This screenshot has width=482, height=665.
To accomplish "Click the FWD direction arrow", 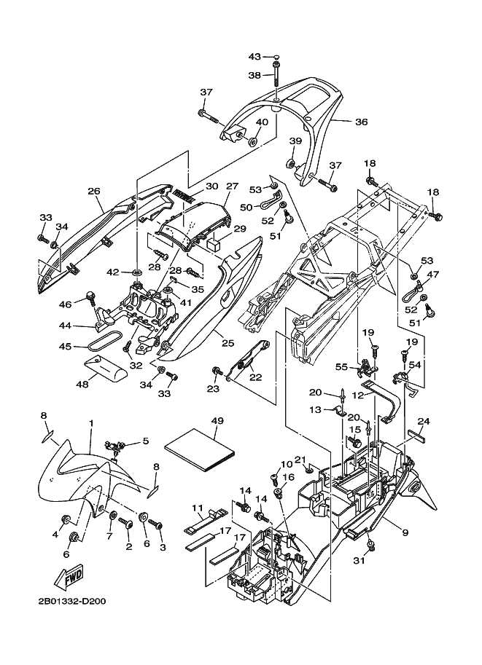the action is tap(71, 577).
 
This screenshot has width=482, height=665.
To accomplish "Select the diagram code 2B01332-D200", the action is tap(71, 602).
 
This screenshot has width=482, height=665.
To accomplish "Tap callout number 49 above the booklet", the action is tap(217, 421).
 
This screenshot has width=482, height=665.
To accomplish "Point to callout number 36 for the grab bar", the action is tap(362, 122).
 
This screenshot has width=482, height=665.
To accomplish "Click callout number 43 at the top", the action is tap(254, 56).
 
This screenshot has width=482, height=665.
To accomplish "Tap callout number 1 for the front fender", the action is tap(90, 423).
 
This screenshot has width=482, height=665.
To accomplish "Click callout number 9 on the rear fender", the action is tap(405, 532).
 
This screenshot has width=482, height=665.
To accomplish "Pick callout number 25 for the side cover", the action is tap(228, 342).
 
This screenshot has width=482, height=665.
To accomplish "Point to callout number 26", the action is tap(94, 192).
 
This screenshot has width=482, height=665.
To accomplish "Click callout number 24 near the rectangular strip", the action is tap(424, 421).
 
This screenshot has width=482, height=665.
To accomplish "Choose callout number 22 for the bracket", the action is tap(256, 378).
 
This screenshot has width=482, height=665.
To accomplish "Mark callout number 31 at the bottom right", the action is tap(359, 561).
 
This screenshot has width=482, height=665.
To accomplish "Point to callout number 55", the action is tap(342, 367).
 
